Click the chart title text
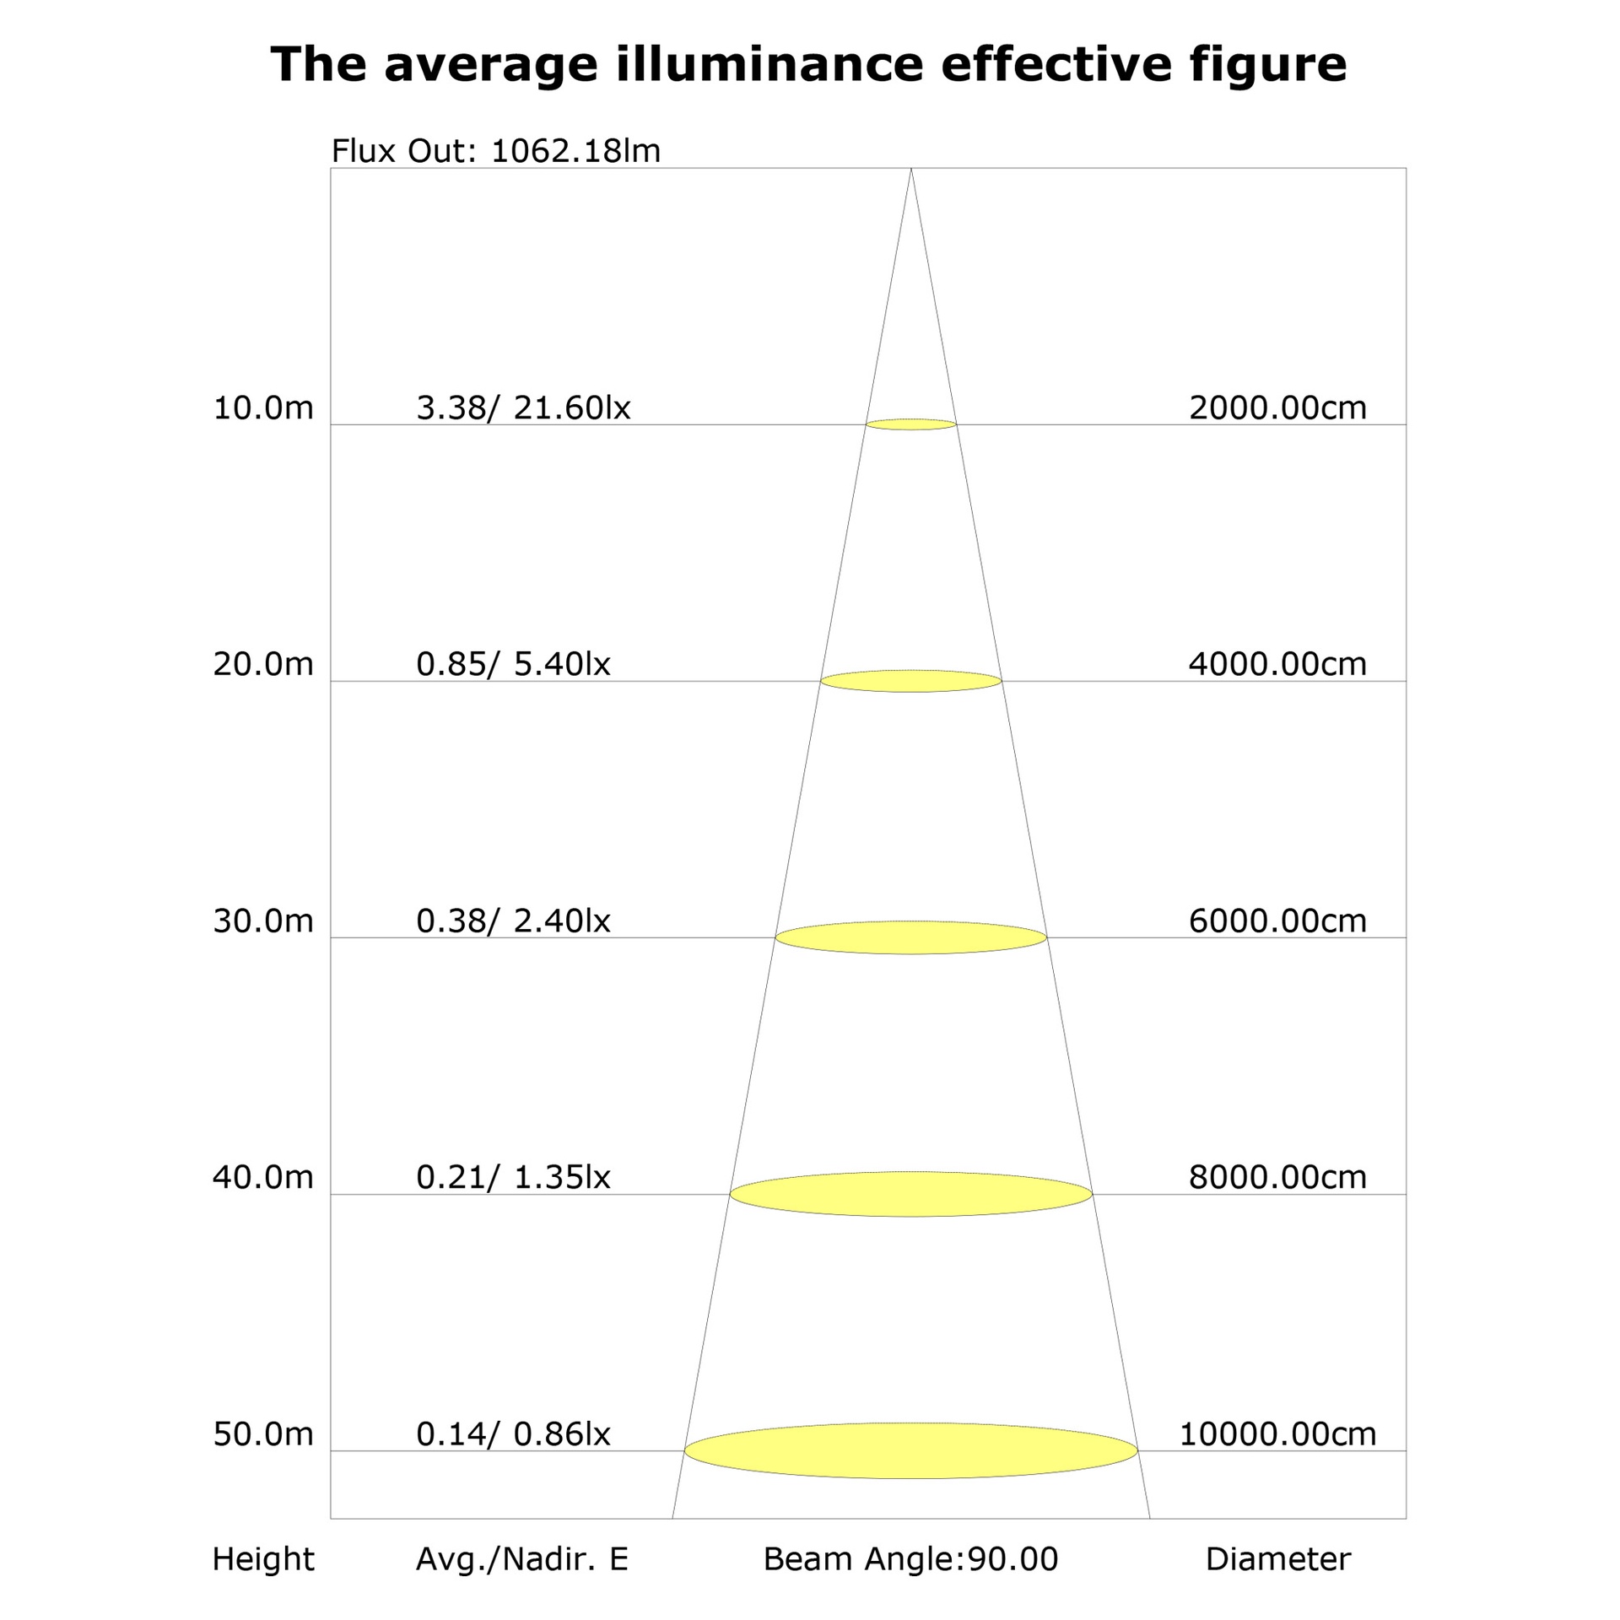808,65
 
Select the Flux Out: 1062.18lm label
496,151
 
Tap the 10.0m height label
263,408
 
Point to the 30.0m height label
263,921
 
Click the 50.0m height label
263,1434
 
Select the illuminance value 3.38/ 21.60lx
523,408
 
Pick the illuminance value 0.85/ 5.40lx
513,665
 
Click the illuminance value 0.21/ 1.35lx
513,1178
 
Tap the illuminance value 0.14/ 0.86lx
513,1434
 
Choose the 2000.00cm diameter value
1277,408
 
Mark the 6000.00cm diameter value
1277,921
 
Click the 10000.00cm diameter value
1277,1434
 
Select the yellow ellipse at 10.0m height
911,424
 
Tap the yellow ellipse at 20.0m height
911,681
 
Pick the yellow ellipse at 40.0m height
911,1194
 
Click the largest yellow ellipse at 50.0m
911,1450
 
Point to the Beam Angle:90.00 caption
910,1559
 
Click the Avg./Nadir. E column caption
522,1559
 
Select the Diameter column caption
1278,1559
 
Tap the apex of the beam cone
911,169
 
